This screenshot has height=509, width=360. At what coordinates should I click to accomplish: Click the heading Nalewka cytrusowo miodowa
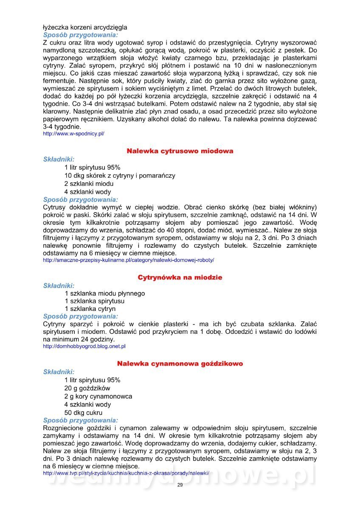[x=180, y=151]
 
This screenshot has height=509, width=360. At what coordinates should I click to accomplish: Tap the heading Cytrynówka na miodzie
[x=180, y=277]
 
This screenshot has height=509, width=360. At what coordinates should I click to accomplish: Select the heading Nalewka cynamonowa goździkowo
[x=180, y=364]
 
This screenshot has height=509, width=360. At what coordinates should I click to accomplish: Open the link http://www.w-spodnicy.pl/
[x=73, y=134]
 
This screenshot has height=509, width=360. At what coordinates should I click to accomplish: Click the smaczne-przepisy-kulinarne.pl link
[x=128, y=260]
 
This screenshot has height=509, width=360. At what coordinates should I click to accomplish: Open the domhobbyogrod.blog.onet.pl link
[x=84, y=346]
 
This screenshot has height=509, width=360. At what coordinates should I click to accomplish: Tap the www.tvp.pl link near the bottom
[x=126, y=473]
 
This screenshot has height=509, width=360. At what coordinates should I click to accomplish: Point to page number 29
[x=180, y=485]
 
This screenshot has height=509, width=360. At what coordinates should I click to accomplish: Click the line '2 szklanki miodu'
[x=89, y=184]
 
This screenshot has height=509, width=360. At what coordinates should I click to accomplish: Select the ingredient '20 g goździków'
[x=87, y=388]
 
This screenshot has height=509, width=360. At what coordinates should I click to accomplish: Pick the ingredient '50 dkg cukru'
[x=83, y=412]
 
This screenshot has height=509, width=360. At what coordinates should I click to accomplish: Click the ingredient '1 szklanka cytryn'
[x=90, y=309]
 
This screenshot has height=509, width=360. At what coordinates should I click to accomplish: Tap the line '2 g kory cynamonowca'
[x=98, y=396]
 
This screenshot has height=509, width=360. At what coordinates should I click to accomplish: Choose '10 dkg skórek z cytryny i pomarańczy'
[x=120, y=176]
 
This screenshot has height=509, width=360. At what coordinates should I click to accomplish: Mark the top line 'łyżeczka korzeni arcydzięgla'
[x=85, y=27]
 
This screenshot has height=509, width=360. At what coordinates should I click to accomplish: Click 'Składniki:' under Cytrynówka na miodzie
[x=59, y=286]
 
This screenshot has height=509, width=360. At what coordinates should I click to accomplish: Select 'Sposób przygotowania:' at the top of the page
[x=81, y=35]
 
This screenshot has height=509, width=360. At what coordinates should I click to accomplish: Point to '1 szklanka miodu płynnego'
[x=104, y=293]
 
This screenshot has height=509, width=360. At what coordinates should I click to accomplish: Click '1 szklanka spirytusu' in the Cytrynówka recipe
[x=95, y=301]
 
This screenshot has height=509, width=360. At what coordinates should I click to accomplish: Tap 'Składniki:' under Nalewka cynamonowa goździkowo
[x=59, y=372]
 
